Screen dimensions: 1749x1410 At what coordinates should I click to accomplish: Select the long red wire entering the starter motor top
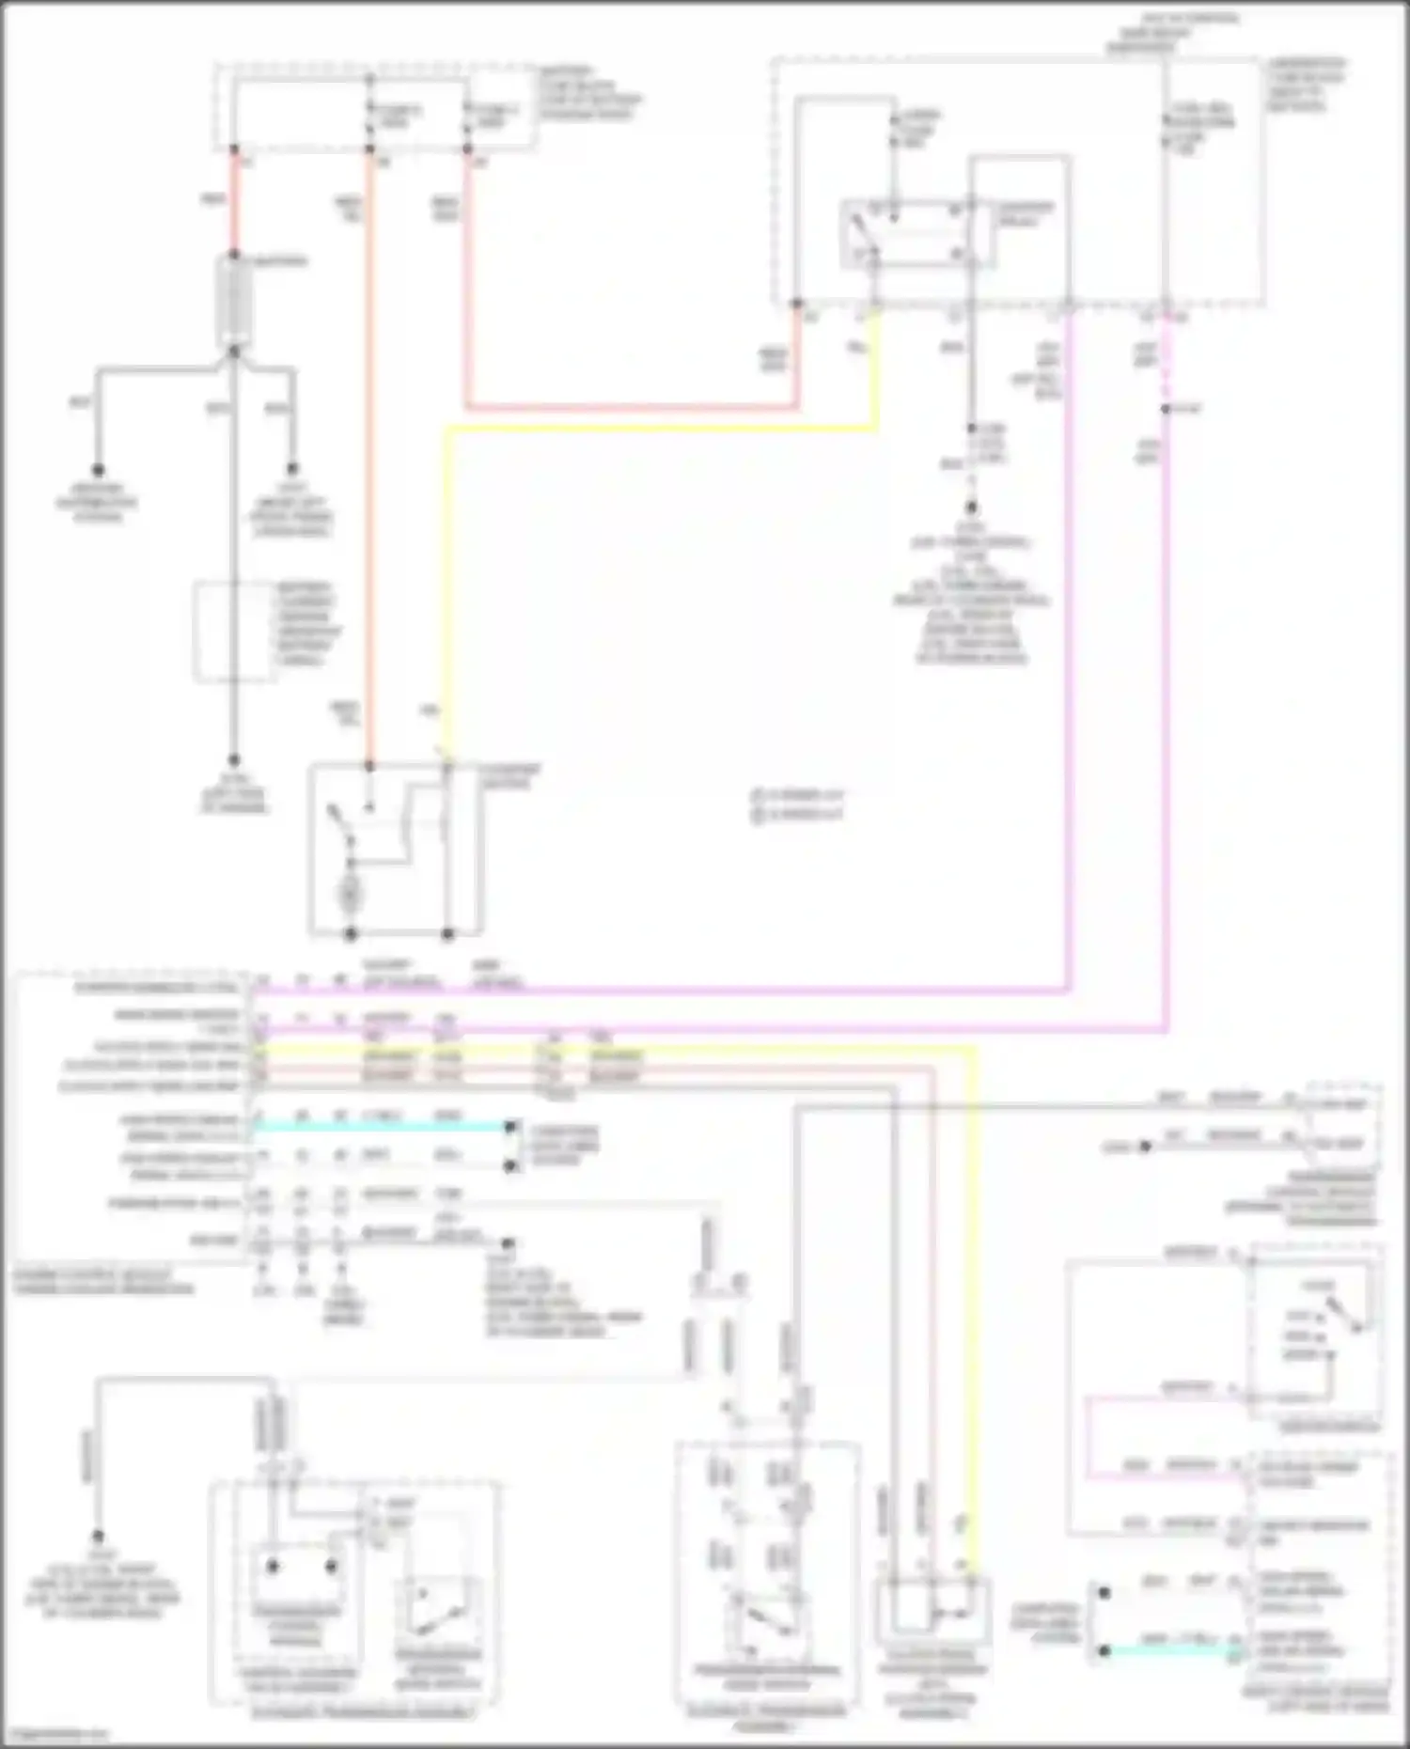coord(370,470)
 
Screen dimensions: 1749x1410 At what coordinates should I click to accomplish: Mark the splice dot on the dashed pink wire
coord(1166,410)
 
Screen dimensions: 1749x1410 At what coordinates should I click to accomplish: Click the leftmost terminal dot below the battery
coord(97,470)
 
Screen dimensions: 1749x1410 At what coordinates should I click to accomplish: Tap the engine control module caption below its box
coord(103,1282)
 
